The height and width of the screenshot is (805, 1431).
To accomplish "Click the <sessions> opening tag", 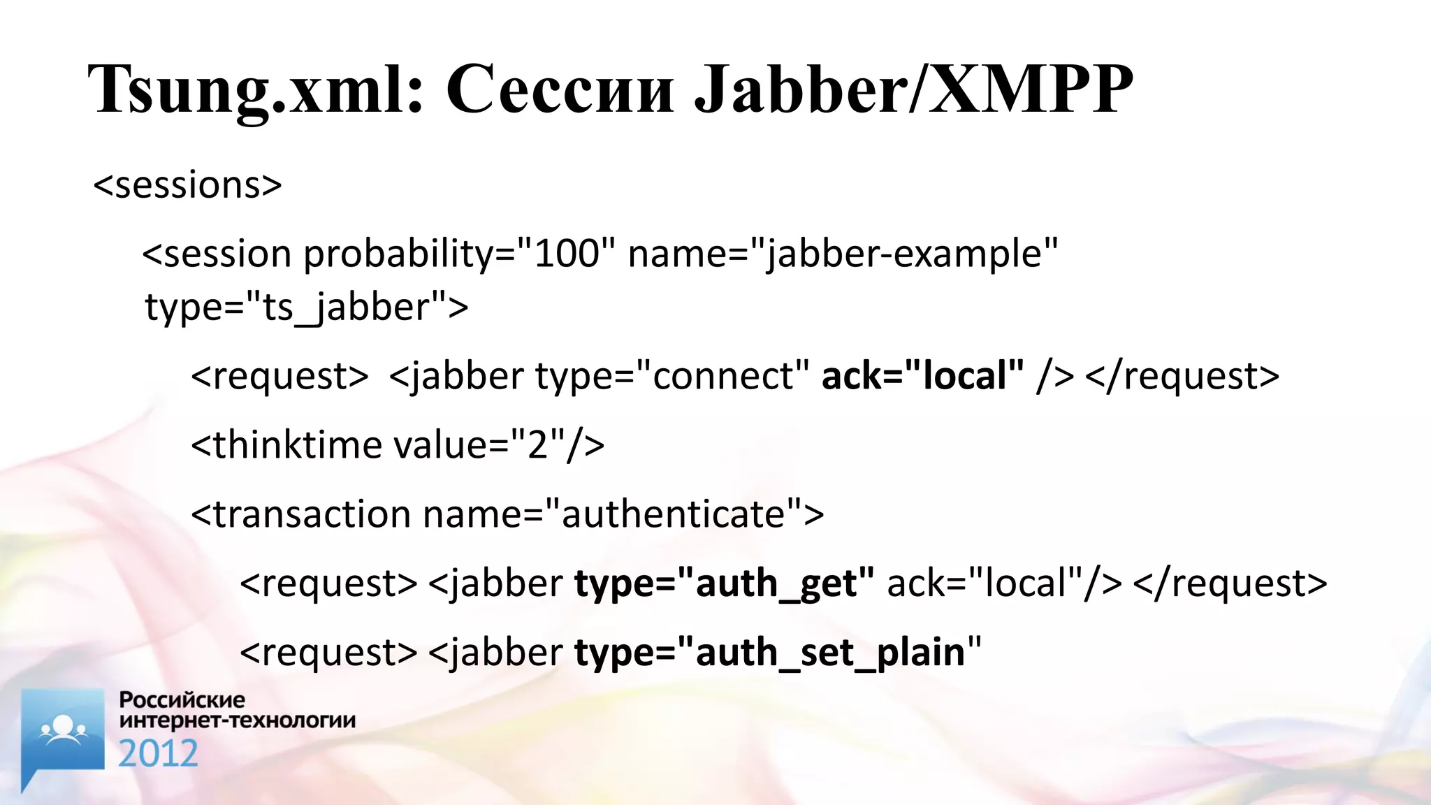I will (187, 185).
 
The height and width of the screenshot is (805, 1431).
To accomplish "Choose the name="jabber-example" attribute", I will (843, 254).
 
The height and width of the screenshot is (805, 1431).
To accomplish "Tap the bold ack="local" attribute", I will (922, 376).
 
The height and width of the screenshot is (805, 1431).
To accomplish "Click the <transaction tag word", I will (300, 514).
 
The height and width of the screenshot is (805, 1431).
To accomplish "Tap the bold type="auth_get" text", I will (724, 583).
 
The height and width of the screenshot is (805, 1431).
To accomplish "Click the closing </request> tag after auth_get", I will (1230, 583).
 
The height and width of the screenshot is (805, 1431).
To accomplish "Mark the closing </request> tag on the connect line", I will (1182, 376).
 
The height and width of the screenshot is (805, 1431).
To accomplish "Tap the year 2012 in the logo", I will (158, 754).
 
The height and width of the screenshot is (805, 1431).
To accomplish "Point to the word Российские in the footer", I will (182, 699).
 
